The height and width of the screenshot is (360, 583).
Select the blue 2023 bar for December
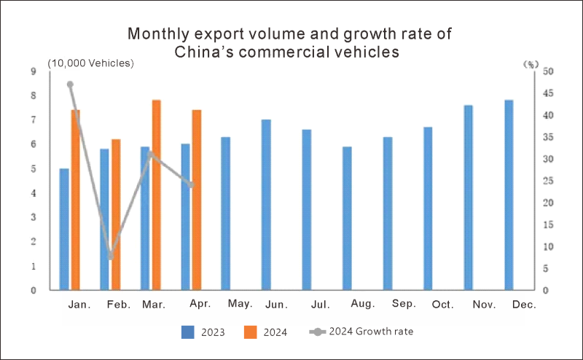point(509,195)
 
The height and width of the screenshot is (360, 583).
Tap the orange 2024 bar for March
point(156,195)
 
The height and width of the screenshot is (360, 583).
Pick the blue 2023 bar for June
point(266,205)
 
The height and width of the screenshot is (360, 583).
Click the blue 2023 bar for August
point(347,218)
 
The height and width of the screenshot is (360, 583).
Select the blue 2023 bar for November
point(468,197)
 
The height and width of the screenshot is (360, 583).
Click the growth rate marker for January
point(70,85)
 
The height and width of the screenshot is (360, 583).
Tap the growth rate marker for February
point(111,256)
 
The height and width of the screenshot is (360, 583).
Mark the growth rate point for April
point(192,185)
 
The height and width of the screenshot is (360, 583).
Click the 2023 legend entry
point(203,332)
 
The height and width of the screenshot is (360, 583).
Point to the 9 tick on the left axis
point(34,71)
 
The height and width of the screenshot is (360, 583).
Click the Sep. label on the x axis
point(404,304)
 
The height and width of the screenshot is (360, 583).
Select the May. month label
point(240,304)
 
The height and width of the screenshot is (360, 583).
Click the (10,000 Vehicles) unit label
point(91,63)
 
